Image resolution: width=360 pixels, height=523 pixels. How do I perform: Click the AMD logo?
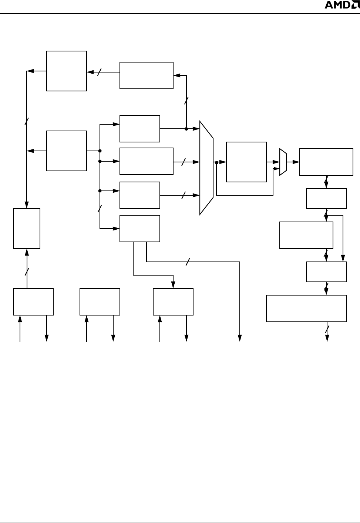click(339, 5)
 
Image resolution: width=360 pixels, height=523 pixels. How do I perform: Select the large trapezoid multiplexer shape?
click(206, 168)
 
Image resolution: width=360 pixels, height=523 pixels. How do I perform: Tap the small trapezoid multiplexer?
click(283, 162)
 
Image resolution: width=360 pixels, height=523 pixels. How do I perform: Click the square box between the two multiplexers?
click(246, 162)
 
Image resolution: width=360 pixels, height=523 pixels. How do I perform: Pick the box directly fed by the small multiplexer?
click(326, 162)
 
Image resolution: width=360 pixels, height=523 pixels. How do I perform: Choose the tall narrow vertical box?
click(27, 228)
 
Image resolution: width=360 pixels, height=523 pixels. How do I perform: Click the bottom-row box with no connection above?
click(100, 302)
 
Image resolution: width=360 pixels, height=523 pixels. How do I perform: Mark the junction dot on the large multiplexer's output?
click(216, 162)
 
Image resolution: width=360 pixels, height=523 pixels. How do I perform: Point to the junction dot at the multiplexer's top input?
click(186, 129)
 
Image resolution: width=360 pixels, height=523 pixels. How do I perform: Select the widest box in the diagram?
click(306, 308)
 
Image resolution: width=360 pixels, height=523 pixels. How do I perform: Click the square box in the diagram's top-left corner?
click(67, 71)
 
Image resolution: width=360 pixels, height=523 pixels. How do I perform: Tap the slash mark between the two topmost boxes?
click(99, 72)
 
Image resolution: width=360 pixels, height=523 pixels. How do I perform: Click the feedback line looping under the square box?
click(244, 195)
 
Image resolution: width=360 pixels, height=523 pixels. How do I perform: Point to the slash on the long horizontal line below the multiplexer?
click(188, 262)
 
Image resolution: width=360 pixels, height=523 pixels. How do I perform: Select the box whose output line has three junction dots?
click(67, 151)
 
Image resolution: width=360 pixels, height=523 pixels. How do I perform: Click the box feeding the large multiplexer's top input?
click(140, 129)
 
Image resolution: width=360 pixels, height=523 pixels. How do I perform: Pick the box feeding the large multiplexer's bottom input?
click(140, 195)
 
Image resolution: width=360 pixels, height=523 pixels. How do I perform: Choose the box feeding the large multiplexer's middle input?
click(147, 161)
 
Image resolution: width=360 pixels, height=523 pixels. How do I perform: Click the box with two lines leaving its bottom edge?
click(140, 228)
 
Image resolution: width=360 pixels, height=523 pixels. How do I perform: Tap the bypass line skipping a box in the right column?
click(343, 237)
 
